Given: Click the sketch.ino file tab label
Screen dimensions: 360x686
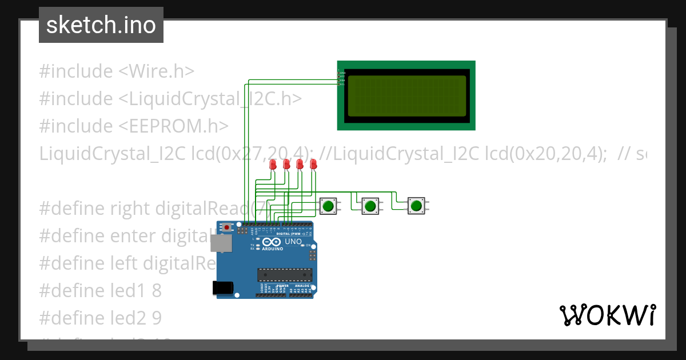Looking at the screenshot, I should point(101,25).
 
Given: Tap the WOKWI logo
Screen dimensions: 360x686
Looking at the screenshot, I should point(607,315).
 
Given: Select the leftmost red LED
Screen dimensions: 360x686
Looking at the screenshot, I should point(273,165).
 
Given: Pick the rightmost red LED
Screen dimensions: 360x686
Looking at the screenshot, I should point(313,165).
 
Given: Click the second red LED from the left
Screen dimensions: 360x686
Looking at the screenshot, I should point(286,165).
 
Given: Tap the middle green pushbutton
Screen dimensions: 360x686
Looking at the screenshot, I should point(370,206).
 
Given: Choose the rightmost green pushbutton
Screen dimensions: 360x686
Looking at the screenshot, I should point(416,206).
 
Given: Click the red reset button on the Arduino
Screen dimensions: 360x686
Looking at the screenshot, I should point(227,227).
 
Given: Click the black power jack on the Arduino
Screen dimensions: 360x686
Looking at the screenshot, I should point(224,288).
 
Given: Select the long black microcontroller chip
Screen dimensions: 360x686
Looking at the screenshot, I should point(285,275).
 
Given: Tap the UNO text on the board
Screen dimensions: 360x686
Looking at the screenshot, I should point(293,242).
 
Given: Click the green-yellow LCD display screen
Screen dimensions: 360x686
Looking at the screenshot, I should point(406,95).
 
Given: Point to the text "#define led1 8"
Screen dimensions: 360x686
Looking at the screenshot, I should point(100,290).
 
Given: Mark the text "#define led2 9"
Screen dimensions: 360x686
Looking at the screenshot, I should point(100,317).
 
